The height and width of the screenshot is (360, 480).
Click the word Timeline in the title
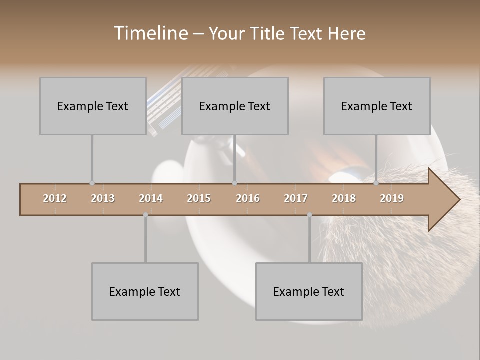point(150,33)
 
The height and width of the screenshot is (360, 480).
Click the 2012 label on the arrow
point(55,198)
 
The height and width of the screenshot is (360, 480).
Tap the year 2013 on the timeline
point(103,198)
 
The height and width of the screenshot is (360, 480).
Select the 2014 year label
point(151,198)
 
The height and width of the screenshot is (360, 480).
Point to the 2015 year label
point(199,198)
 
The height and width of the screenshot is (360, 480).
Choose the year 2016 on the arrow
point(248,198)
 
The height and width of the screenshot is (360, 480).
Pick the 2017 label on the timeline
point(296,198)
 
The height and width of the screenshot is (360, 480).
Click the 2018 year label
point(344,198)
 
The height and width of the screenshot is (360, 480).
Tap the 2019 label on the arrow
point(392,198)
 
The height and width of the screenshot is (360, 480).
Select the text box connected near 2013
point(93,106)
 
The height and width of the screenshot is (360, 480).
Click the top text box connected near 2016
point(235,106)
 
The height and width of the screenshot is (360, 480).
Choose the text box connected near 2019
point(377,106)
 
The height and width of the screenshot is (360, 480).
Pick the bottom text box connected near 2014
point(145,291)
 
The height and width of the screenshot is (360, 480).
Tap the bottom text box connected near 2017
point(309,291)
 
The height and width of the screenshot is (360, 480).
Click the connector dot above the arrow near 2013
point(92,183)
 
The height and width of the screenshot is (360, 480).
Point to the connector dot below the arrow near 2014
point(145,215)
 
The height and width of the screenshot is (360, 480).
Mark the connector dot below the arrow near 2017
point(309,215)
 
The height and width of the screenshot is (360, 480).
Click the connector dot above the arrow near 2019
point(376,183)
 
